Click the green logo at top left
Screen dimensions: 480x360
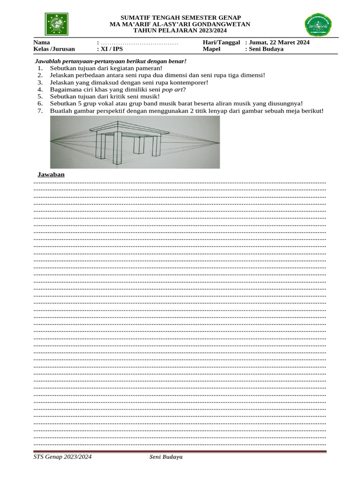pos(56,24)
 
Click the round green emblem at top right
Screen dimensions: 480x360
pos(318,25)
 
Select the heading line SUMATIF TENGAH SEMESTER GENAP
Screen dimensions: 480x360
pos(180,17)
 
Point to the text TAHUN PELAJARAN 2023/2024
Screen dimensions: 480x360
pos(180,30)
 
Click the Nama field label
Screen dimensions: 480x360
pos(42,42)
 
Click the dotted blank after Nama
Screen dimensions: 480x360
pos(139,43)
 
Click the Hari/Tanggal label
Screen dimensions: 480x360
pos(221,42)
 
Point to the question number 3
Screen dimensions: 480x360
pos(40,82)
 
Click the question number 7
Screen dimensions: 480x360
pos(40,111)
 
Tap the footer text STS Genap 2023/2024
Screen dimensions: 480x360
pos(62,457)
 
